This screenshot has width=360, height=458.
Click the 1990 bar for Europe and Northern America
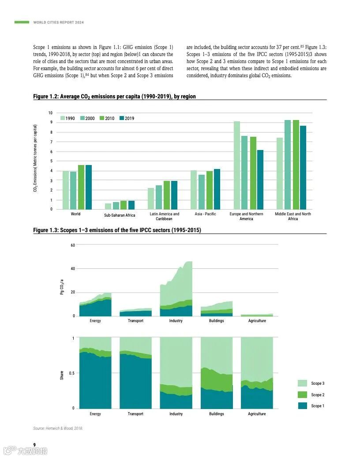click(237, 165)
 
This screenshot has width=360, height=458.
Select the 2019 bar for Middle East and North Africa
click(303, 168)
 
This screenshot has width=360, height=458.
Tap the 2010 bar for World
click(81, 187)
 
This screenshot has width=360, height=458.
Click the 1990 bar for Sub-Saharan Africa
click(108, 206)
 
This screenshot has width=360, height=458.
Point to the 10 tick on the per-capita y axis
click(50, 113)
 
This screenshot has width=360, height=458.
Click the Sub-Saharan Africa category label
click(120, 215)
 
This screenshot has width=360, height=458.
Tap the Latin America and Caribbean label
click(164, 216)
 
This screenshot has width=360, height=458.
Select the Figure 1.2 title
click(114, 96)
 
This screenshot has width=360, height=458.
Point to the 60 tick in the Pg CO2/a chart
click(72, 245)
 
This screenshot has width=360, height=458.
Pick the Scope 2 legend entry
click(317, 395)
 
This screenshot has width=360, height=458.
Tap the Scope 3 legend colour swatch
click(303, 383)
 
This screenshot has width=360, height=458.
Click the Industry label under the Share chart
click(176, 414)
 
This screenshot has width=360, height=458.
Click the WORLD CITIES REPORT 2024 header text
click(58, 23)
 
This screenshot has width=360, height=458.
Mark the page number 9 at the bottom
click(35, 444)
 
